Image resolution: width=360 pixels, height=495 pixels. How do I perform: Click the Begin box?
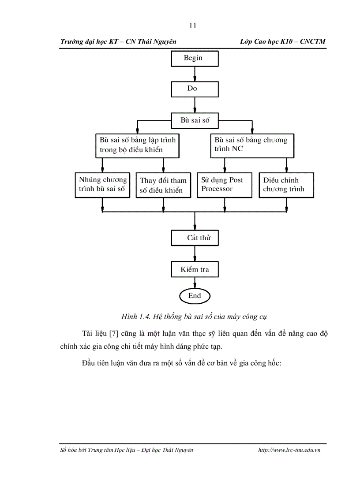(x=195, y=59)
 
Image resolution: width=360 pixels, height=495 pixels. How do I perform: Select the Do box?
(x=195, y=89)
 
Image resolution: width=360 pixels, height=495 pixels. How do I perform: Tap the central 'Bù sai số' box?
(x=195, y=121)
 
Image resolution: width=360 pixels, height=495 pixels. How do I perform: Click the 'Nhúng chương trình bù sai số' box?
(x=102, y=185)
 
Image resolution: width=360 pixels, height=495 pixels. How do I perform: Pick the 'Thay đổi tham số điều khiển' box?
(x=163, y=185)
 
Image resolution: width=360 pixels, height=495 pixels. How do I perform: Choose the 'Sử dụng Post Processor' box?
(x=225, y=185)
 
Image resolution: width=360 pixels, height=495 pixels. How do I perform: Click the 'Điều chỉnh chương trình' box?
(x=286, y=185)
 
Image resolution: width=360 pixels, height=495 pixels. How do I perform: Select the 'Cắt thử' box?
(x=195, y=238)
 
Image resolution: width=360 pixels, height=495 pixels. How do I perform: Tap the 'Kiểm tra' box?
(x=195, y=269)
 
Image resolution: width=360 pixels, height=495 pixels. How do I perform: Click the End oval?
(x=195, y=296)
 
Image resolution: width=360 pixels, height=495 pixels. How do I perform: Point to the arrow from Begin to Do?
(x=195, y=74)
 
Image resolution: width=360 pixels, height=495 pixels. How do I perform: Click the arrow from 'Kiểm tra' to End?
(x=195, y=283)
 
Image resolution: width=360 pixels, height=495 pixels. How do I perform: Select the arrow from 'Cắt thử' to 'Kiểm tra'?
(x=195, y=253)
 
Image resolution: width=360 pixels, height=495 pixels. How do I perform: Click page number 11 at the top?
(x=193, y=26)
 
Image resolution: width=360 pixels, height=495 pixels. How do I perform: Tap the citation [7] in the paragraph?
(x=113, y=334)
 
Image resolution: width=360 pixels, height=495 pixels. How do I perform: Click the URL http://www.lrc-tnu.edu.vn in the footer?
(x=289, y=450)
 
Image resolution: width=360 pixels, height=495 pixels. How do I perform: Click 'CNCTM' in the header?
(x=313, y=41)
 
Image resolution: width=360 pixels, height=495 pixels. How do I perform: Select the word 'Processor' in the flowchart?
(x=217, y=189)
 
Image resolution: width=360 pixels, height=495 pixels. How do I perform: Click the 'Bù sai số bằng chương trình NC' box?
(x=252, y=146)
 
